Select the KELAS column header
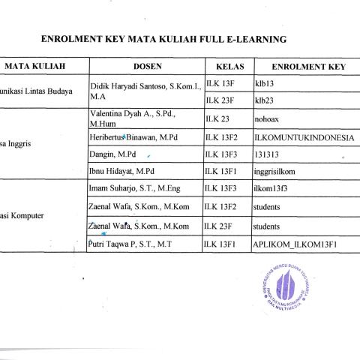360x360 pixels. [x=227, y=67]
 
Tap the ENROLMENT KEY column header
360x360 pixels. [x=308, y=67]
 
